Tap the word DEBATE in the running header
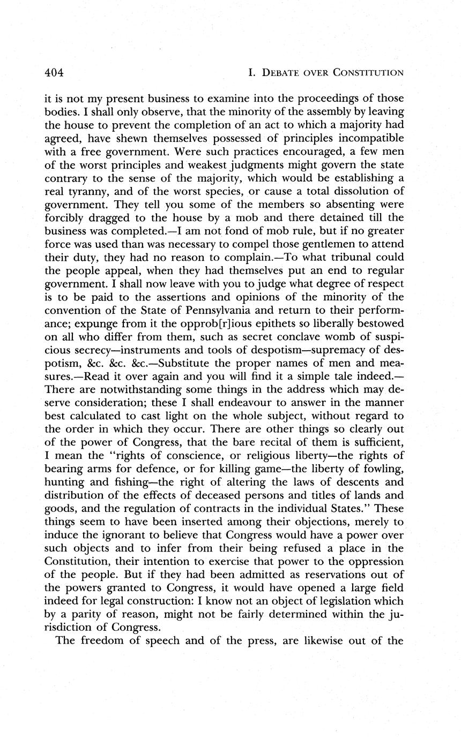[283, 73]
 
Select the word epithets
[282, 323]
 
